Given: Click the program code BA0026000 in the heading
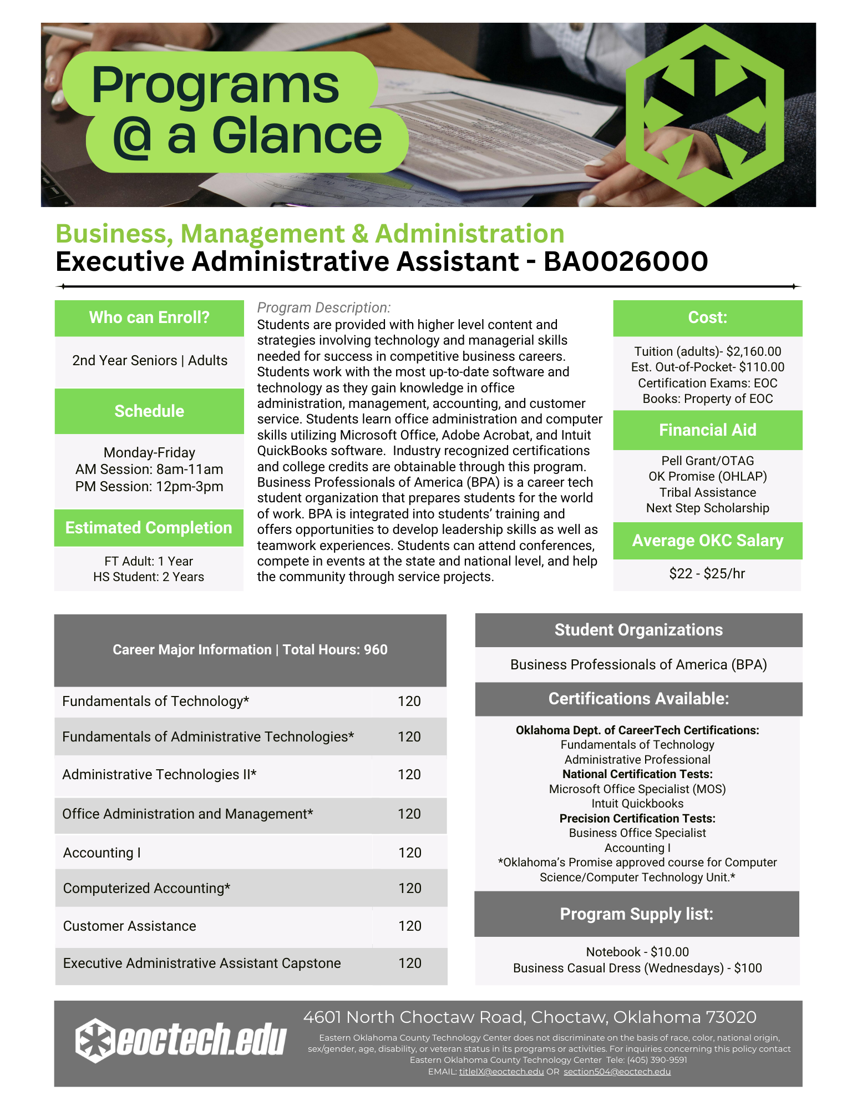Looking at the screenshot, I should (x=625, y=261).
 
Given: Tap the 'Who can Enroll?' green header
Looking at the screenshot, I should (x=149, y=317).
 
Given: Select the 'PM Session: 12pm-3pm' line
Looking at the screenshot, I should (x=149, y=487).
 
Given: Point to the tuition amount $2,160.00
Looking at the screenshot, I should (x=753, y=351).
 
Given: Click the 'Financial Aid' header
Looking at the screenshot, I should (x=707, y=430).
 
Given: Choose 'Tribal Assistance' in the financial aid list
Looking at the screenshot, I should (x=707, y=492).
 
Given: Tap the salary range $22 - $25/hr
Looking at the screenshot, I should (x=707, y=573).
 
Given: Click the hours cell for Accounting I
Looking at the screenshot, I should (x=410, y=852).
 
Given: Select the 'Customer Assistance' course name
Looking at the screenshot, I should (x=130, y=926).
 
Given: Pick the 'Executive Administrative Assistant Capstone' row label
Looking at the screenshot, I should (x=202, y=963).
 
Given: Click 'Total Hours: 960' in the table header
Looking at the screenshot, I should (x=335, y=649).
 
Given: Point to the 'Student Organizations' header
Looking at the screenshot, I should (x=638, y=630).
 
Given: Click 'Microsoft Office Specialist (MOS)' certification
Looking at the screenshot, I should (x=637, y=789).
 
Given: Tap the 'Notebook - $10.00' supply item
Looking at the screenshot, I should (x=637, y=952).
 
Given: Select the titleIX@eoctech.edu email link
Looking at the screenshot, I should (x=501, y=1071).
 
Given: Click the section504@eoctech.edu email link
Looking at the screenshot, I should (x=617, y=1071).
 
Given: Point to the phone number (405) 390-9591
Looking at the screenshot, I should (x=657, y=1059).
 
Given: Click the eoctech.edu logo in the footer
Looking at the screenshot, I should (x=181, y=1040).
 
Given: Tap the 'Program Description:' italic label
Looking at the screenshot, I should (x=324, y=307).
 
